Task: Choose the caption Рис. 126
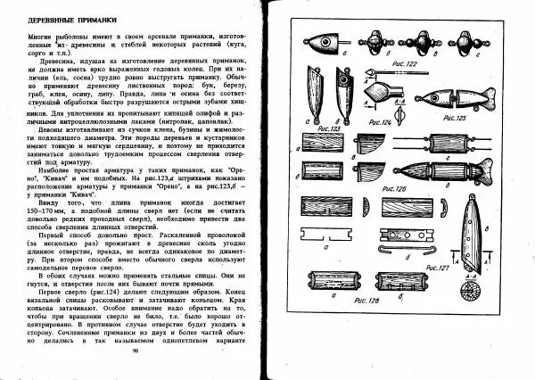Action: (396, 188)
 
